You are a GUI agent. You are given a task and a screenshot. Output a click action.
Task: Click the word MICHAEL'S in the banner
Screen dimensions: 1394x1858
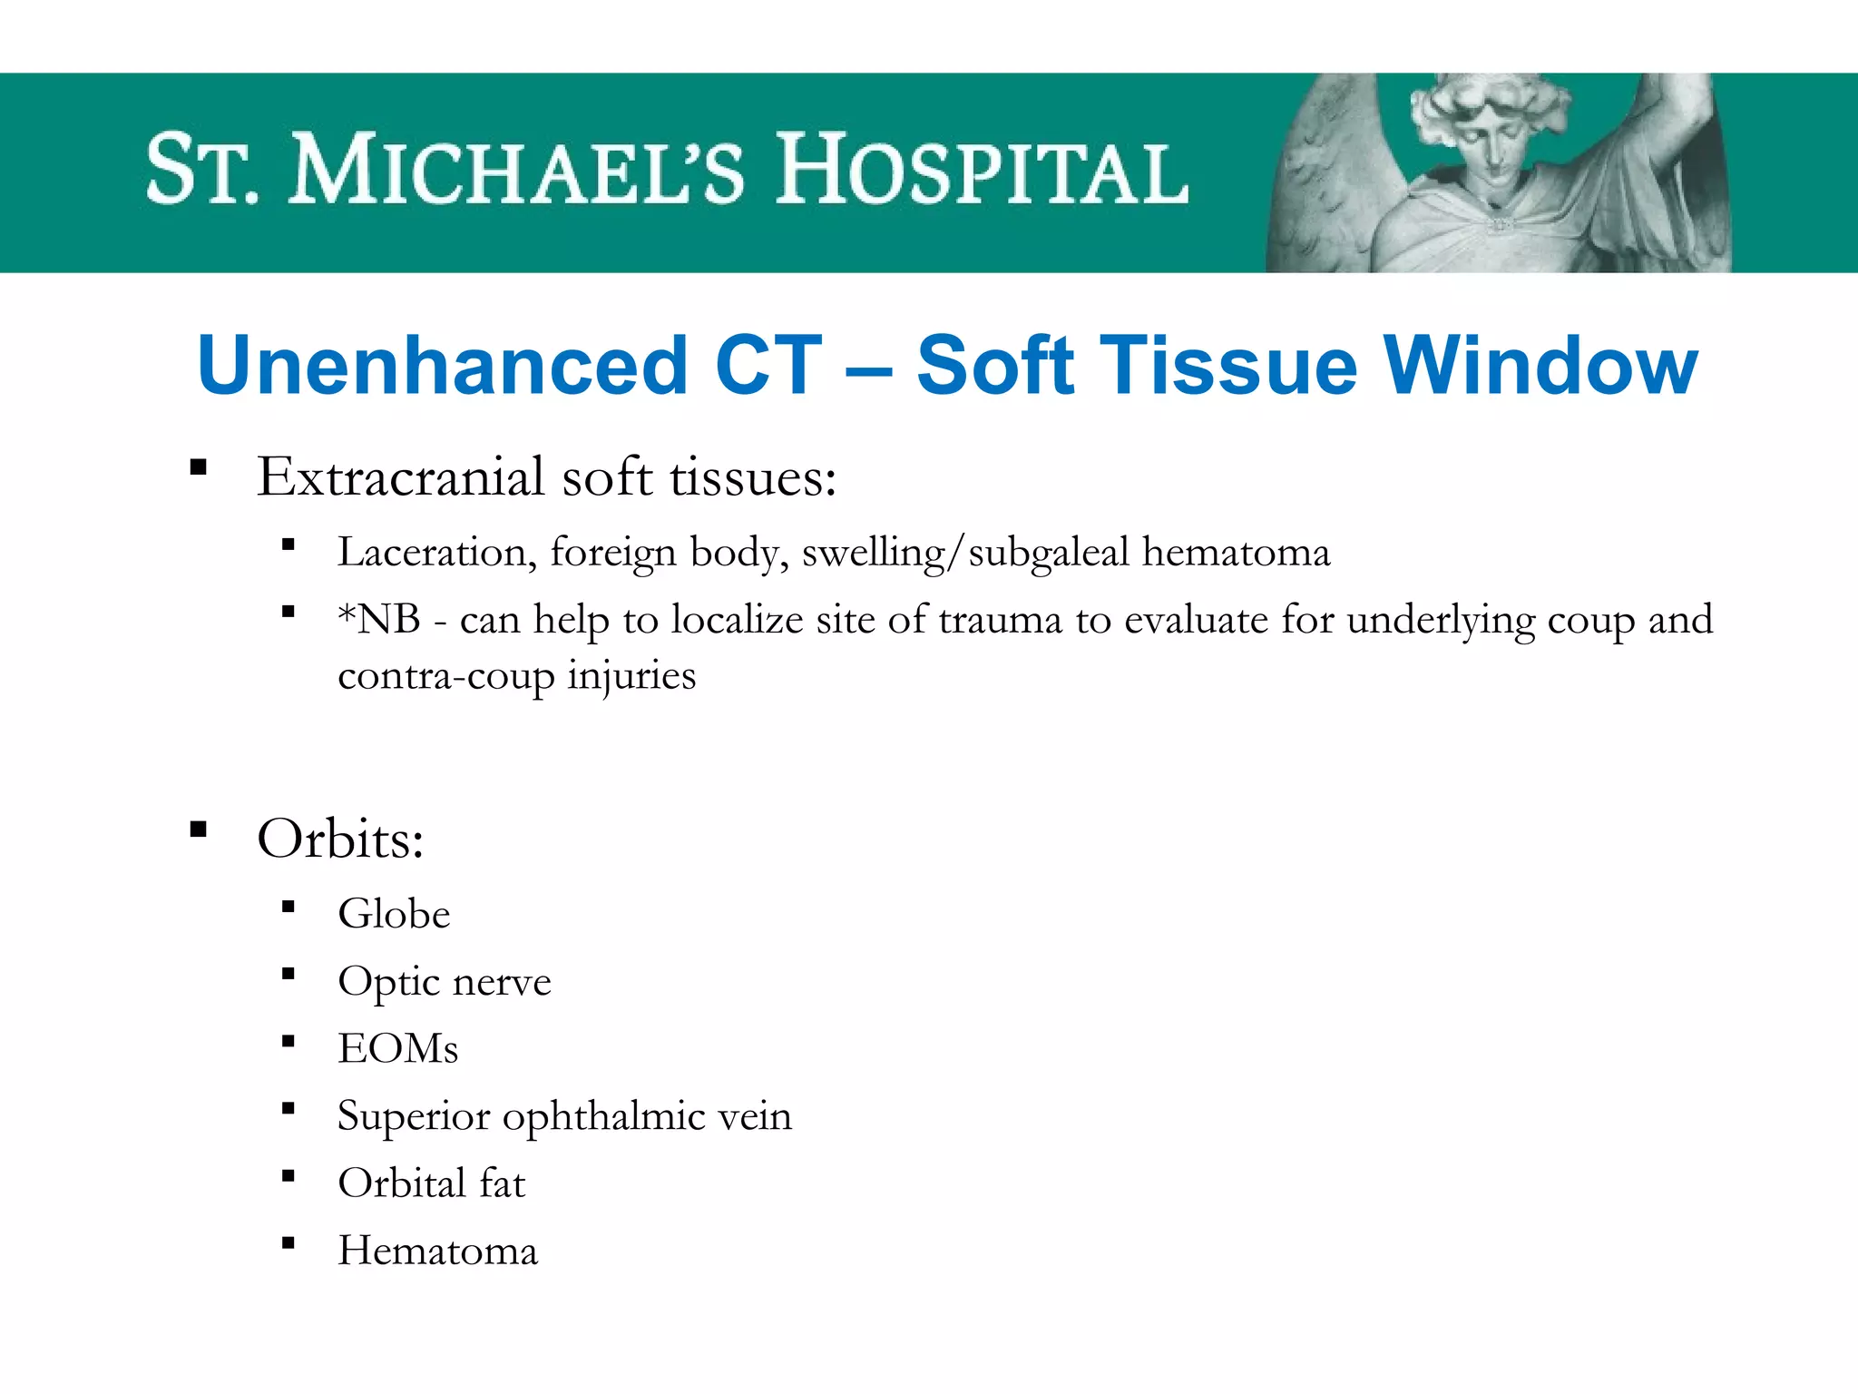point(516,169)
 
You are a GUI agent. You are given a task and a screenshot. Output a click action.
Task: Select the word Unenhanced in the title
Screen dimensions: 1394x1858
point(443,365)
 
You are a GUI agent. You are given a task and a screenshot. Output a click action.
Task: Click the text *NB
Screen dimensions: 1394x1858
point(379,620)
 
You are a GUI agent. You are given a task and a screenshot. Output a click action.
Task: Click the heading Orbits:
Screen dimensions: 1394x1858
point(340,839)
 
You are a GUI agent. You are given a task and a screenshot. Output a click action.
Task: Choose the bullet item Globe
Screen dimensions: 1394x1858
point(394,914)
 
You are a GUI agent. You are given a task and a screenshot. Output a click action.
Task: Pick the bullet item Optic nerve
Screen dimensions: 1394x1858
point(445,982)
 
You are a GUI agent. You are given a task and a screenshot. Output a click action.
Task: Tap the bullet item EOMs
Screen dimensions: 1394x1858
point(397,1049)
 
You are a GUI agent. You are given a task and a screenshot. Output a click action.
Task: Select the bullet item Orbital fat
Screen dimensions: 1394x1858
point(432,1183)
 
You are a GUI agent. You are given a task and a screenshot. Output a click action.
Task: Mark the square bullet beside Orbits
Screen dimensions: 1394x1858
point(199,830)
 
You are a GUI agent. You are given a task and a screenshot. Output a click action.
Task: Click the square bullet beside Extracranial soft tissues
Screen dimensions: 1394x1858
point(199,468)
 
